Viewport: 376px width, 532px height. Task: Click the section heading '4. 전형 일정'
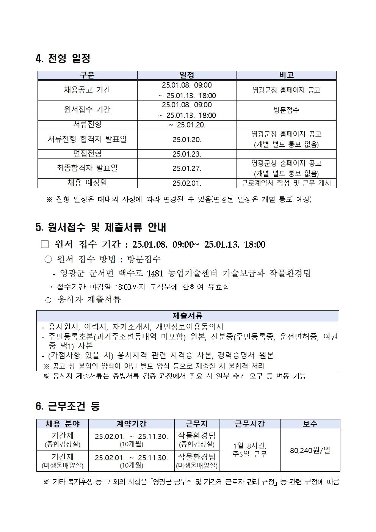pos(63,59)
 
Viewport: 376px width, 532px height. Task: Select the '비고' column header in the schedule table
pos(286,75)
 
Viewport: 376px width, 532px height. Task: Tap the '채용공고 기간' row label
pos(87,90)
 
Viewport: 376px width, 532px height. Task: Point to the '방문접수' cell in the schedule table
pos(286,110)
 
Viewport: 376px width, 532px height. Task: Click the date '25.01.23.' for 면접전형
pos(187,154)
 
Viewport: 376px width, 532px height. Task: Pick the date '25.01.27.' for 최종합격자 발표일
pos(187,168)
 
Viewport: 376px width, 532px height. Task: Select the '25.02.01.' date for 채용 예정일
pos(187,183)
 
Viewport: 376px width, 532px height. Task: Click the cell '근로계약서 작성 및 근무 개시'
pos(286,183)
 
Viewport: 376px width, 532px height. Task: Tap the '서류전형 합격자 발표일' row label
pos(87,140)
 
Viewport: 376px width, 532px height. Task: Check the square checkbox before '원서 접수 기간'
pos(45,244)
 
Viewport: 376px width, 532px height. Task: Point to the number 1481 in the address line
pos(154,273)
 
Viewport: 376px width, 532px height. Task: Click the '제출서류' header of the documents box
pos(188,316)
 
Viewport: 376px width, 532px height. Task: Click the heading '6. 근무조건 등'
pos(67,406)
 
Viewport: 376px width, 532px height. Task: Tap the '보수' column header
pos(310,424)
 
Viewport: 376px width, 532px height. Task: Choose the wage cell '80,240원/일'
pos(310,450)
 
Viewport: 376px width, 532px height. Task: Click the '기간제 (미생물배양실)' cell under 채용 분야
pos(63,461)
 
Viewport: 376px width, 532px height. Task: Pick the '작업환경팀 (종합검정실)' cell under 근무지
pos(196,439)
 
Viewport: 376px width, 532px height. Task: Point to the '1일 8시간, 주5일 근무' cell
pos(250,450)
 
